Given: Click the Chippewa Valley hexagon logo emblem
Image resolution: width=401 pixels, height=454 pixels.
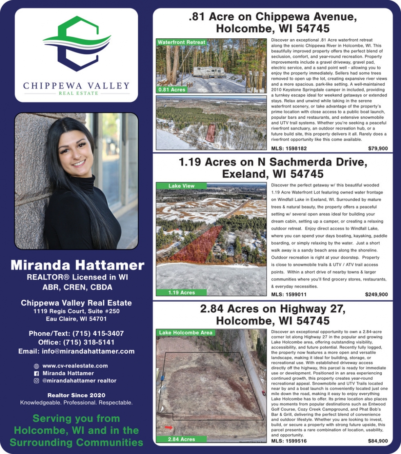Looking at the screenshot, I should pyautogui.click(x=77, y=43).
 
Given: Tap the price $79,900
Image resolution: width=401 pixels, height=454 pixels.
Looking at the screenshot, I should pyautogui.click(x=378, y=149).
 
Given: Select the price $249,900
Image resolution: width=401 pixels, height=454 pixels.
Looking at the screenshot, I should pyautogui.click(x=376, y=294).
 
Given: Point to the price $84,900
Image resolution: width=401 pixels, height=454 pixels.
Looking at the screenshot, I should pyautogui.click(x=378, y=441).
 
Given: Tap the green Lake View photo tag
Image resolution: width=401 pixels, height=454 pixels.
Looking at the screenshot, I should pyautogui.click(x=182, y=186).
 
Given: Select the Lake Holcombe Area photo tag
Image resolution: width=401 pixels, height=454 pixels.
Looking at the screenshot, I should pyautogui.click(x=185, y=333).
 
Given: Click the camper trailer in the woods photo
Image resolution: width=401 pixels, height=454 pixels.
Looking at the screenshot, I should pyautogui.click(x=209, y=72).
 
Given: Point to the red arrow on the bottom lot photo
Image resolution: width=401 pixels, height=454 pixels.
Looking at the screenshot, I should pyautogui.click(x=169, y=427).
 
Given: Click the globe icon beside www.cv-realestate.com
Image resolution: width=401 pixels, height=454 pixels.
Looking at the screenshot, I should pyautogui.click(x=36, y=366).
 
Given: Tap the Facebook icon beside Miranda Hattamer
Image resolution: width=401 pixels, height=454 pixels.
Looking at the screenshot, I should pyautogui.click(x=36, y=373).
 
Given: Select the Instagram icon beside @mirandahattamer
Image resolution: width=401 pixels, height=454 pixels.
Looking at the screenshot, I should pyautogui.click(x=36, y=381).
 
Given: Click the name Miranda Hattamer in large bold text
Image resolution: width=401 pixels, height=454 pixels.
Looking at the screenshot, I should pyautogui.click(x=77, y=265).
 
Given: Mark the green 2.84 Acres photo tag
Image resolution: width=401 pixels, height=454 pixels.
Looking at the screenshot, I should pyautogui.click(x=181, y=439).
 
